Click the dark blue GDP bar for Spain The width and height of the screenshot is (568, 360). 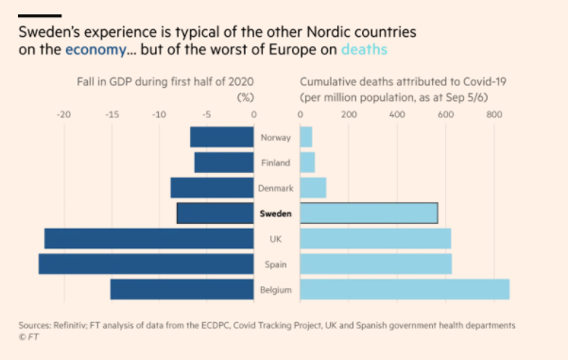[146, 264]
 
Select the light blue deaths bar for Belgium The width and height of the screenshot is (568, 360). [404, 289]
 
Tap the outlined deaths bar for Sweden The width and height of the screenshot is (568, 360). [369, 214]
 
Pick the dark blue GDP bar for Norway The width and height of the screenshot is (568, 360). [222, 138]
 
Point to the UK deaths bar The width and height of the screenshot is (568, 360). [375, 239]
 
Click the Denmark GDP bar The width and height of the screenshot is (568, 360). [213, 188]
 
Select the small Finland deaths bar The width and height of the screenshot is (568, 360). [307, 163]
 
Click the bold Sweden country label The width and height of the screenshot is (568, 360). [277, 214]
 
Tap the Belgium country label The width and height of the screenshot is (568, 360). [275, 289]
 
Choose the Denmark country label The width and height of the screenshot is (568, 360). [275, 188]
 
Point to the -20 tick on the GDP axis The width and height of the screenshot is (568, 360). [63, 114]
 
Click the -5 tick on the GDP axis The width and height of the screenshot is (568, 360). [207, 114]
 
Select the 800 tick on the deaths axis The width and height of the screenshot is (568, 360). [492, 114]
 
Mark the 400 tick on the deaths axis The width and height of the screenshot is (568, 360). [396, 114]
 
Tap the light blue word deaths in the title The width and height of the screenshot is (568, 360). [364, 49]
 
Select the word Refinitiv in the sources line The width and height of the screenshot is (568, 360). [71, 325]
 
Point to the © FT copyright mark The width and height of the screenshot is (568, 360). [30, 336]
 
